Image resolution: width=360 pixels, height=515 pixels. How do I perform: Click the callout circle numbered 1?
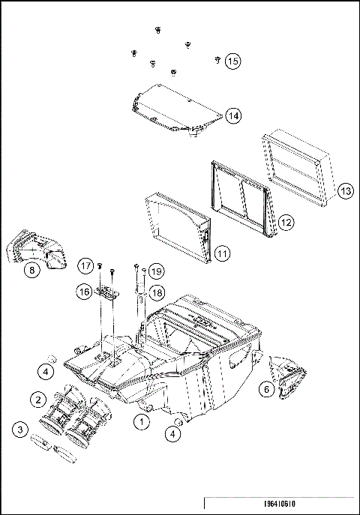(140, 424)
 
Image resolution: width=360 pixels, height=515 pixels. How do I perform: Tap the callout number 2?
(36, 397)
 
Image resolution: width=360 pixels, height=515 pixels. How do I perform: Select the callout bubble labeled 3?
(20, 430)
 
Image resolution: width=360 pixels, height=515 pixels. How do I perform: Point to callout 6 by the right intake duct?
(266, 388)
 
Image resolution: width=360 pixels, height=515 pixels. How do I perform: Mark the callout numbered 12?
(286, 223)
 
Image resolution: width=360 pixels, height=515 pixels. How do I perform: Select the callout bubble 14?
(233, 116)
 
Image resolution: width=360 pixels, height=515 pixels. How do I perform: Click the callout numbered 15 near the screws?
(233, 61)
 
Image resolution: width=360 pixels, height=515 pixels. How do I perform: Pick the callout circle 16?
(85, 289)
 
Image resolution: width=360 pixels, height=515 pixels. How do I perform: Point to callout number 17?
(85, 265)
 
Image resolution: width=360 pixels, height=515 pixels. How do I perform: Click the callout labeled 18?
(155, 291)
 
